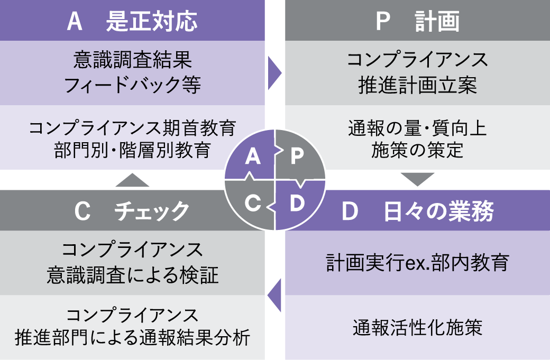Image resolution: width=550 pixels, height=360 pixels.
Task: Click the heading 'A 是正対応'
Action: pos(132,22)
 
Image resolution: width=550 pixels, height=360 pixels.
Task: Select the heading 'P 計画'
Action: pos(417,22)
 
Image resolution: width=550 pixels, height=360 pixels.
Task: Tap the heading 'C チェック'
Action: pos(132,210)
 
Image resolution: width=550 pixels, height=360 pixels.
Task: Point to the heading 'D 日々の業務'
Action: pos(417,211)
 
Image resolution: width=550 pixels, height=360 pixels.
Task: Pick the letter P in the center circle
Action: pos(297,156)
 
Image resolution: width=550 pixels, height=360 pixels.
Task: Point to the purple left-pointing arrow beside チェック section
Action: pos(274,294)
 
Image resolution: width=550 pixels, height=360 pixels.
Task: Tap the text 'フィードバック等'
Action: pos(132,85)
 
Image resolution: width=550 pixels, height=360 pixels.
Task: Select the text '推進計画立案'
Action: pos(417,85)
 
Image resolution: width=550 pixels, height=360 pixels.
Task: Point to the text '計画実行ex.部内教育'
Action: pos(417,263)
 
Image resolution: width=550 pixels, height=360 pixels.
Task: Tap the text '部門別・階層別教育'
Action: pos(132,150)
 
